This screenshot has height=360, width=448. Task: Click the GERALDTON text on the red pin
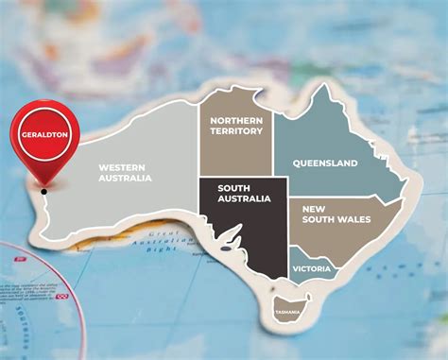[43, 135]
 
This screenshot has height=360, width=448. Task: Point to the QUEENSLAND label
[325, 163]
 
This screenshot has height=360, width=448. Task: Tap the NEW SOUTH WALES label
[336, 214]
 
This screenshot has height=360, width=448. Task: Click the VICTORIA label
[312, 269]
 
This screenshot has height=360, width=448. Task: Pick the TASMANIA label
[287, 312]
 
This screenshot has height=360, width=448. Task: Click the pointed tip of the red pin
[43, 184]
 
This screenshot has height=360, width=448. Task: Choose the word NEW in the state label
[314, 207]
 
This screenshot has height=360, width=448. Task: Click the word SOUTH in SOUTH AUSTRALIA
[233, 187]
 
